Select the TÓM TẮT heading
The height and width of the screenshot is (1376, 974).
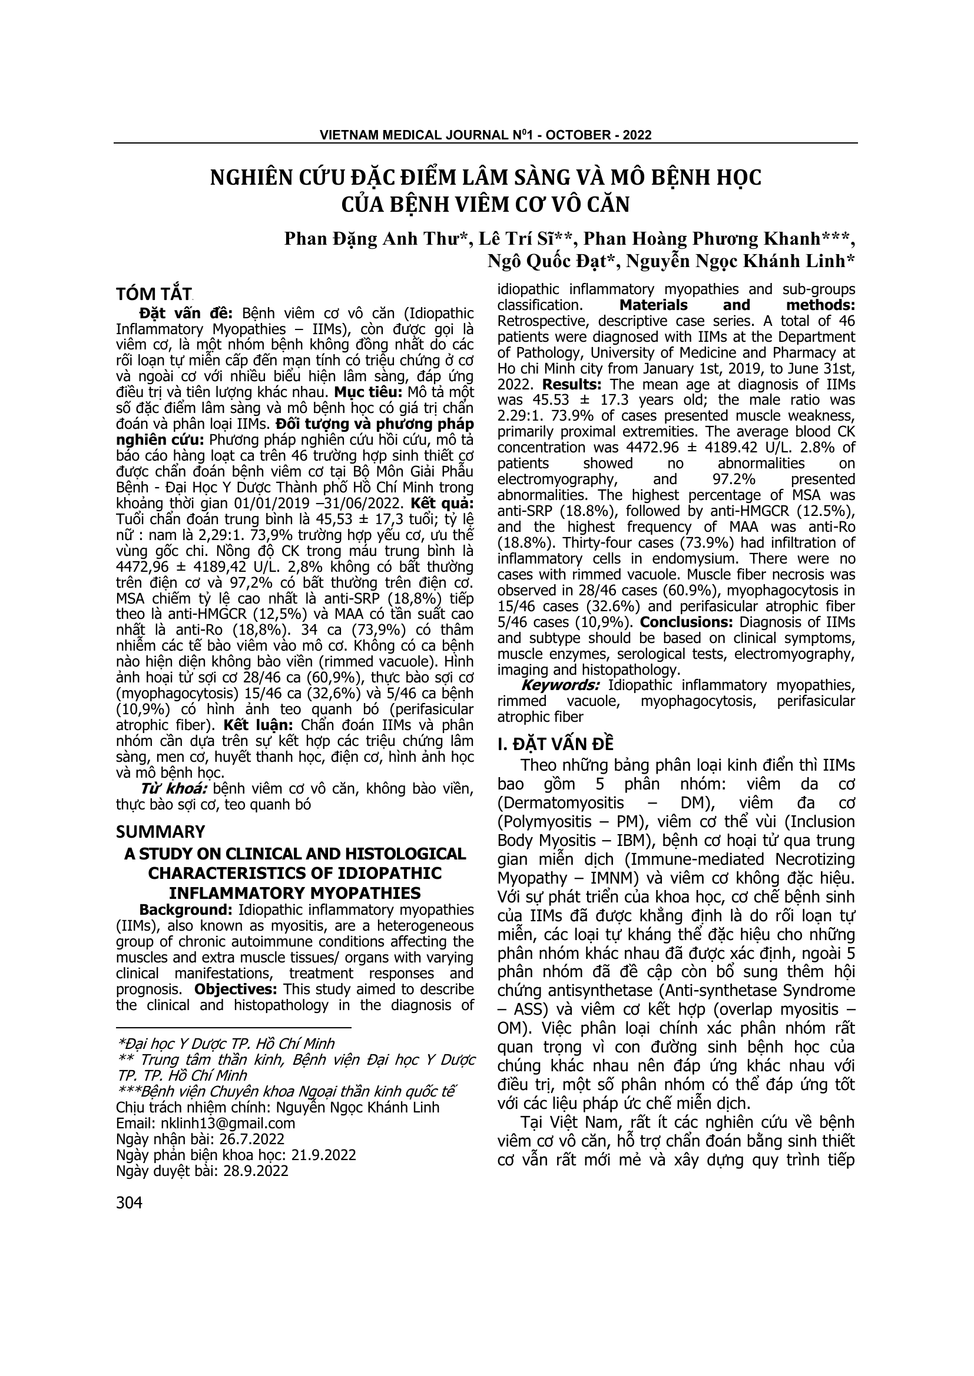point(154,294)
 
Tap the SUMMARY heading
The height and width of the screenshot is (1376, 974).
point(160,832)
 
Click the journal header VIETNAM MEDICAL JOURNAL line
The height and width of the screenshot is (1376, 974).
point(485,135)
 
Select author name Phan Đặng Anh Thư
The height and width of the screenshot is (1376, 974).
point(376,238)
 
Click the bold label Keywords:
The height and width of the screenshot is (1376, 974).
point(560,685)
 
